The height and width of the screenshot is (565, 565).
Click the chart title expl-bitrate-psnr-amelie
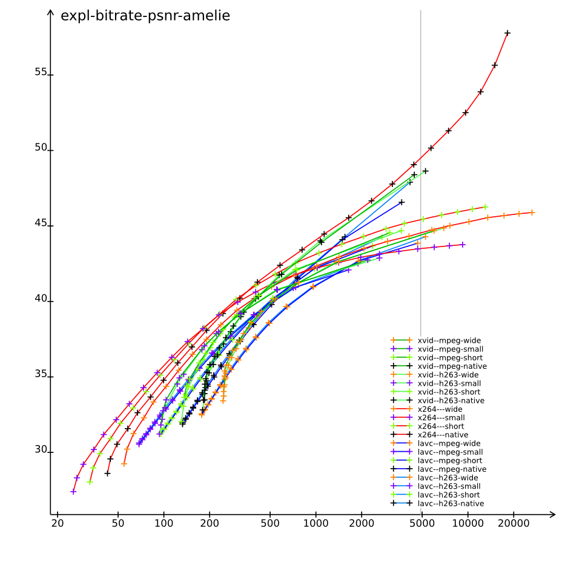point(145,16)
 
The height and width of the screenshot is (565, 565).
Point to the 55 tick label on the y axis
point(41,72)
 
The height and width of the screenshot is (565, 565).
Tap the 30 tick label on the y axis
point(41,450)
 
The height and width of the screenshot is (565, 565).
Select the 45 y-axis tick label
point(41,223)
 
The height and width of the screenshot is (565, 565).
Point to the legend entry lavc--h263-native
point(451,503)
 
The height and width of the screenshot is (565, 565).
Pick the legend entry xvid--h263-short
point(450,392)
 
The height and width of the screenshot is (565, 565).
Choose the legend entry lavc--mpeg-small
point(451,452)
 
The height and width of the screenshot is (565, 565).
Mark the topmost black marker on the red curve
point(507,33)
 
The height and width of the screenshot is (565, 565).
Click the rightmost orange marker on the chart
point(532,212)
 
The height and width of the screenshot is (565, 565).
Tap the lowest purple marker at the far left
point(73,492)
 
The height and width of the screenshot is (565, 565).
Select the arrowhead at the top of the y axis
point(51,13)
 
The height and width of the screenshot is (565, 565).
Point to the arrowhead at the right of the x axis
point(552,515)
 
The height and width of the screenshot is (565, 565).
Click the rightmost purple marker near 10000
point(463,245)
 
